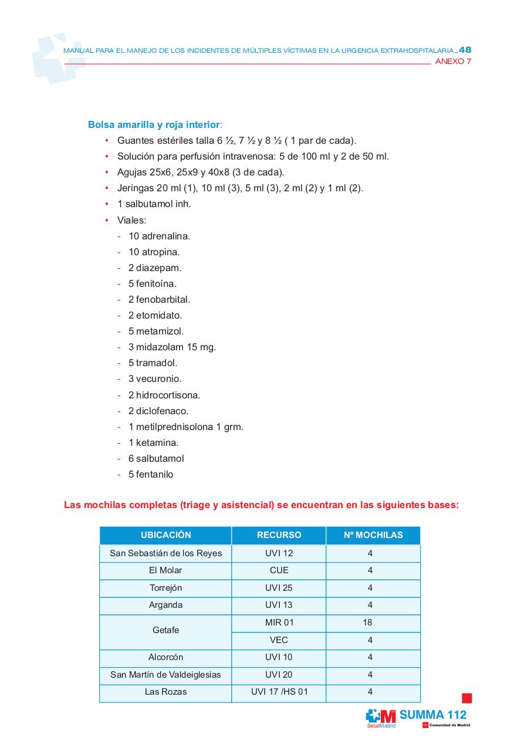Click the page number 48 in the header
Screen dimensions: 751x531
pyautogui.click(x=465, y=50)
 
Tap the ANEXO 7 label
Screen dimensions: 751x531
pyautogui.click(x=453, y=62)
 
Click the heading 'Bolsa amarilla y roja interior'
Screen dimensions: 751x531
pyautogui.click(x=154, y=125)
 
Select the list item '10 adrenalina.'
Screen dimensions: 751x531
pyautogui.click(x=159, y=236)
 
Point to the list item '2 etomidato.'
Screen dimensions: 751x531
pyautogui.click(x=155, y=315)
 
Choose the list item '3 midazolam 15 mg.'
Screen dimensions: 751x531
pyautogui.click(x=172, y=347)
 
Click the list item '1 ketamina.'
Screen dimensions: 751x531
pyautogui.click(x=153, y=442)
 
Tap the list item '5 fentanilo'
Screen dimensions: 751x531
pyautogui.click(x=151, y=474)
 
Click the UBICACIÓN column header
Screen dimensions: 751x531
pyautogui.click(x=165, y=535)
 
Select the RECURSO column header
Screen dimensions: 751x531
pyautogui.click(x=279, y=535)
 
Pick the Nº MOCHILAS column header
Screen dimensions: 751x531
pyautogui.click(x=373, y=535)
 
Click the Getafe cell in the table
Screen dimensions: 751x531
pyautogui.click(x=165, y=630)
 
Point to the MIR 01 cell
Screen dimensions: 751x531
pyautogui.click(x=279, y=623)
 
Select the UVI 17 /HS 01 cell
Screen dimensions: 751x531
pyautogui.click(x=279, y=692)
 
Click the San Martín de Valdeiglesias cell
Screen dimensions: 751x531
pyautogui.click(x=165, y=675)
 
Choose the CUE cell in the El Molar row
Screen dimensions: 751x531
pyautogui.click(x=279, y=570)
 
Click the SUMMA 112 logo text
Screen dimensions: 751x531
pyautogui.click(x=433, y=715)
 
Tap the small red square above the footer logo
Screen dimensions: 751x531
pyautogui.click(x=466, y=698)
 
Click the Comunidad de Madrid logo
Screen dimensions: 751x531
pyautogui.click(x=446, y=725)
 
